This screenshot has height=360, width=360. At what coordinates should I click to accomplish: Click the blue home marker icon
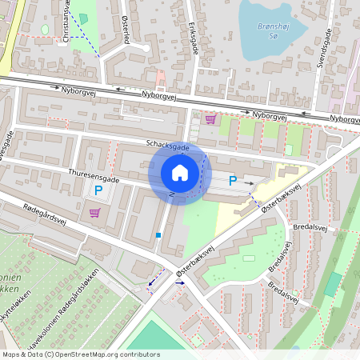tap(180, 173)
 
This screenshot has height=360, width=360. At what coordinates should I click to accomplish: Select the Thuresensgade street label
tap(94, 175)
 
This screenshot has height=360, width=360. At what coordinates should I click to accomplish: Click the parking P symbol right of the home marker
tap(233, 181)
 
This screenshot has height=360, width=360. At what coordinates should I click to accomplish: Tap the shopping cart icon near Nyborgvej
tap(210, 118)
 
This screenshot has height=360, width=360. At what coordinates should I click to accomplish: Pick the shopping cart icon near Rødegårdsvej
tap(95, 212)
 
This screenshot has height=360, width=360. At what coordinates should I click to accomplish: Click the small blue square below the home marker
tap(159, 235)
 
